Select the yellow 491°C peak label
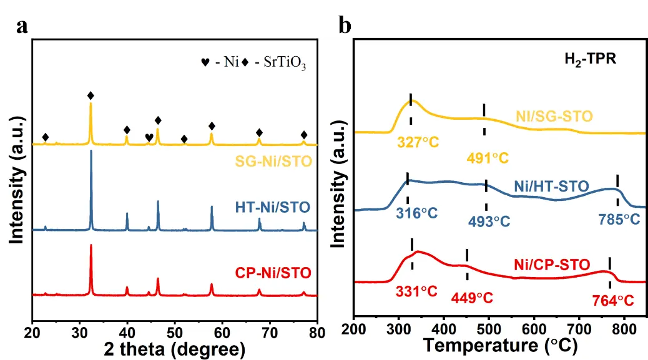(x=488, y=158)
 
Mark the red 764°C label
(x=612, y=301)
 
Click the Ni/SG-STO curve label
(x=554, y=116)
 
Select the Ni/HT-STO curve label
(x=551, y=186)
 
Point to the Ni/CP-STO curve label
(x=551, y=264)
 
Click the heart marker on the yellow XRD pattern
(x=149, y=137)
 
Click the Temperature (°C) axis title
(x=500, y=344)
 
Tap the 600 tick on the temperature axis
(x=534, y=329)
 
